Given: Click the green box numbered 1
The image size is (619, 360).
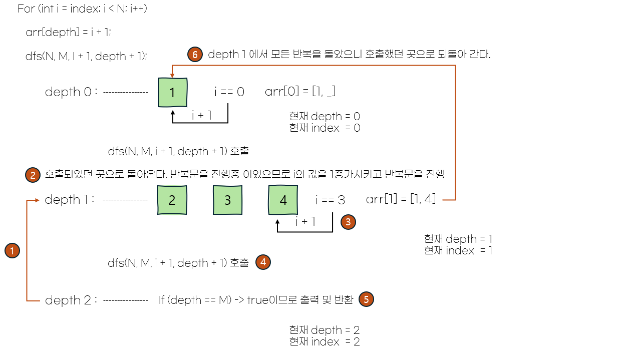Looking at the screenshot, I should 172,93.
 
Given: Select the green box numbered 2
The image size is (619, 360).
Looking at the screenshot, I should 172,200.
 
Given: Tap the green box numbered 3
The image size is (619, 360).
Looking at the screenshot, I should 227,200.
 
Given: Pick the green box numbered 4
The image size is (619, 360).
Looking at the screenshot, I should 283,200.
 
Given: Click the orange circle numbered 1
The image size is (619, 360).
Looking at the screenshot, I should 12,250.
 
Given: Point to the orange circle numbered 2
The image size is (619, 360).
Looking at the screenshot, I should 33,175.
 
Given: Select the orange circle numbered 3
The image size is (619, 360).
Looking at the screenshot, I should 348,222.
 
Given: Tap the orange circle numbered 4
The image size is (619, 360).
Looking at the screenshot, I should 263,262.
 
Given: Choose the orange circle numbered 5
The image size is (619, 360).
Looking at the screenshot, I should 367,299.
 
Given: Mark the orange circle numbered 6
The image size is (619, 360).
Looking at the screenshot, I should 195,55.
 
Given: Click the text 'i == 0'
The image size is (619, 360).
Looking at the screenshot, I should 229,92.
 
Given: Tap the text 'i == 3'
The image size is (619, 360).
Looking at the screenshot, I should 330,200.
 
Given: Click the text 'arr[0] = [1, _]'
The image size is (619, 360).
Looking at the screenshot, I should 300,92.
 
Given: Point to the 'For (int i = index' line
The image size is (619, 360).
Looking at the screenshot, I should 82,9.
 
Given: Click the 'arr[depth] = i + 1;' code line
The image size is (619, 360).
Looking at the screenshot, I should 68,33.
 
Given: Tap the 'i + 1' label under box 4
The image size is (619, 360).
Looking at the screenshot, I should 305,222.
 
